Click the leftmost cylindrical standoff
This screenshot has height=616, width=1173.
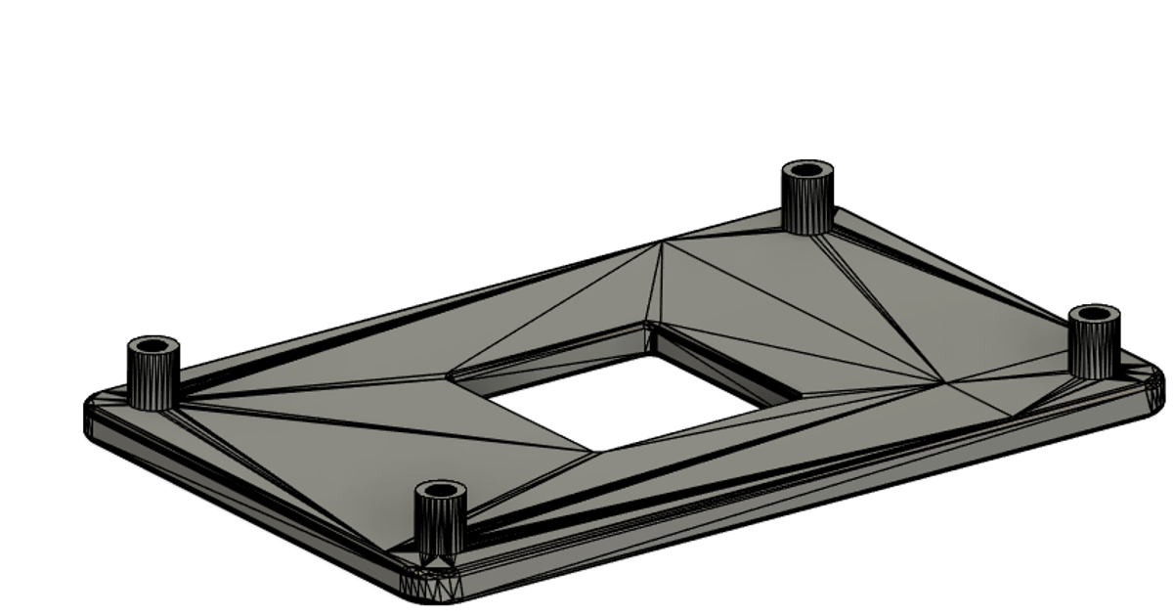(153, 376)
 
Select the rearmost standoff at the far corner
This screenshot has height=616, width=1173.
(807, 200)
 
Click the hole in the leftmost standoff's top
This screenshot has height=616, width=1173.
(153, 346)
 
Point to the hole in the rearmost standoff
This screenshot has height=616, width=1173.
(807, 170)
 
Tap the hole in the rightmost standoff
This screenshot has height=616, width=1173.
(1094, 314)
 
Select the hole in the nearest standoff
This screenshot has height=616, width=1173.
(440, 489)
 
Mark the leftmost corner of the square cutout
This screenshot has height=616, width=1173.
(450, 376)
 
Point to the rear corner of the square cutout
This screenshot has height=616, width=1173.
(647, 323)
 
